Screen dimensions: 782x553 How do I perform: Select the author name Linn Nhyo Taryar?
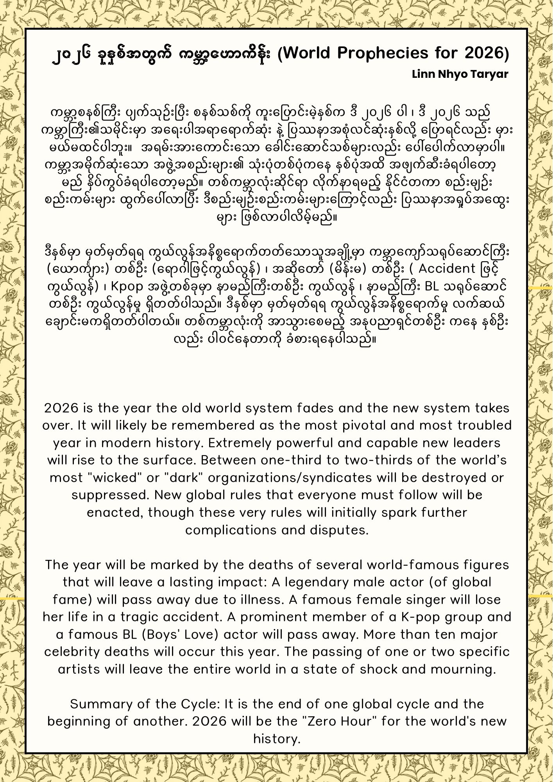click(x=460, y=74)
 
